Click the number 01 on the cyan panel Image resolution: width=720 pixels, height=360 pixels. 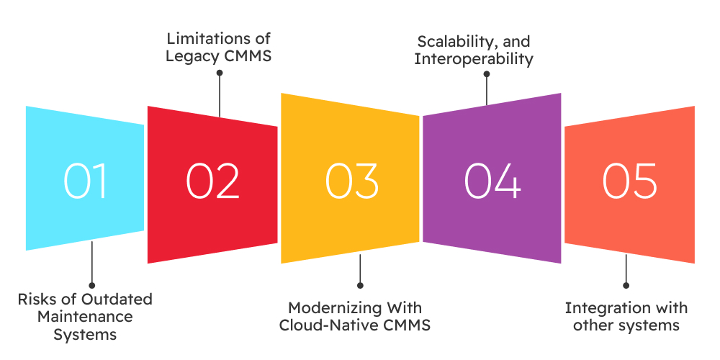click(86, 181)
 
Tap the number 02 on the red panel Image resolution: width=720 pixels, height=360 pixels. click(213, 181)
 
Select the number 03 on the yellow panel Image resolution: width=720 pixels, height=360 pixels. click(351, 181)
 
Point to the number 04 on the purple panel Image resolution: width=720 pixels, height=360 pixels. click(492, 181)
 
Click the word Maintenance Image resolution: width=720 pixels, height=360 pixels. click(86, 317)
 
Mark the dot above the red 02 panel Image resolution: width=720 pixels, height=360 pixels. click(219, 72)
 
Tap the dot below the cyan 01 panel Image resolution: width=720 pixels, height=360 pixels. click(91, 285)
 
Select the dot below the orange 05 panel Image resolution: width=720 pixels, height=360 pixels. click(626, 285)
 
